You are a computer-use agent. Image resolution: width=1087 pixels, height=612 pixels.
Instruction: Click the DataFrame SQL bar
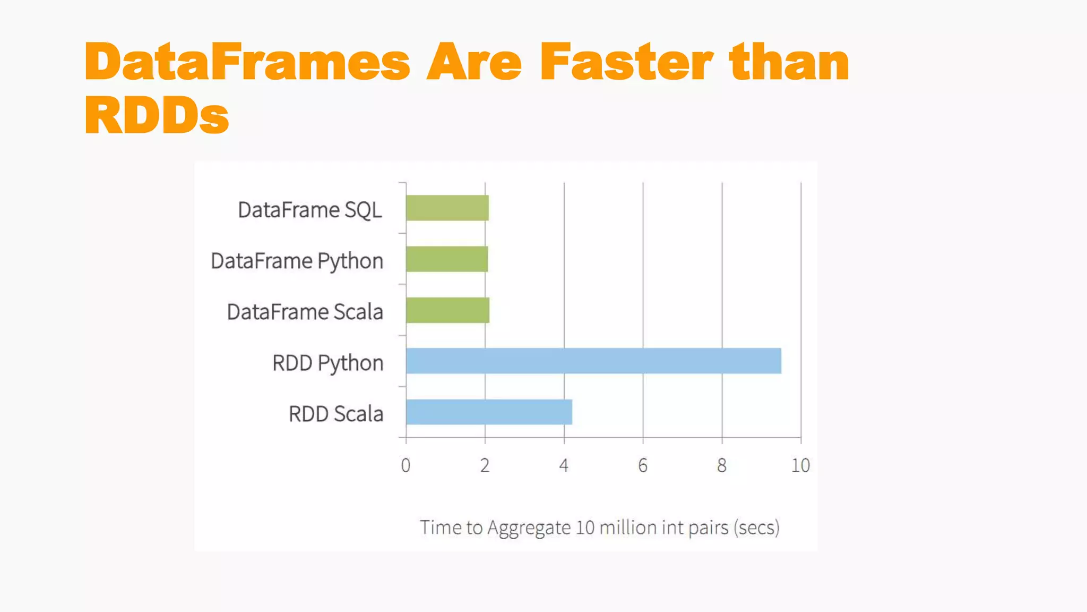447,208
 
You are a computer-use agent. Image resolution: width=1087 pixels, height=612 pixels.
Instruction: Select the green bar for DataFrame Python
446,259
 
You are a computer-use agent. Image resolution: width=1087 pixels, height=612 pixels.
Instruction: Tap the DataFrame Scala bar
447,310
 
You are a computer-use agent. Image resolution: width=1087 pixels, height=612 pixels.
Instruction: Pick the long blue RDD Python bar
593,361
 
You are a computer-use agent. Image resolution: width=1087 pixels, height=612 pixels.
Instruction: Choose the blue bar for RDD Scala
489,412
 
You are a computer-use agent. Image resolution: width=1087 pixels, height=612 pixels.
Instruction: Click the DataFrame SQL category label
310,210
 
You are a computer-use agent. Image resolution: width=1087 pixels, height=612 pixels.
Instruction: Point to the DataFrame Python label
297,261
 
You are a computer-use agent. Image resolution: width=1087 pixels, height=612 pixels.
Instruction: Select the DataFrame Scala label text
305,312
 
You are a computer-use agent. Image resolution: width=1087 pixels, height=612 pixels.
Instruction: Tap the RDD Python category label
327,363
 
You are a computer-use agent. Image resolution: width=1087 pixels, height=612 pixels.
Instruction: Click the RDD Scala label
335,414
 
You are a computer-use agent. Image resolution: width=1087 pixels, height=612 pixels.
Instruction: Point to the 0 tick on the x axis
406,465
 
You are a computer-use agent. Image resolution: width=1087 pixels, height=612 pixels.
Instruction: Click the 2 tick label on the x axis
485,465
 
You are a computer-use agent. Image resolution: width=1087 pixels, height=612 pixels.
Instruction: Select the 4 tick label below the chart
564,465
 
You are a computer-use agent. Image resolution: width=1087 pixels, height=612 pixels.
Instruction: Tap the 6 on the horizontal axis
643,465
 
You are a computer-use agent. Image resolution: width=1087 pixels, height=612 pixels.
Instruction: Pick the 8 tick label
722,465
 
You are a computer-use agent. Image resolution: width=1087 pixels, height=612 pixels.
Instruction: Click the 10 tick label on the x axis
800,465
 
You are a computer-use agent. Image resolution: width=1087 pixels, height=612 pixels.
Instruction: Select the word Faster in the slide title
627,62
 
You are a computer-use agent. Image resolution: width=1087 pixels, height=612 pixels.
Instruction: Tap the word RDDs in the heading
157,115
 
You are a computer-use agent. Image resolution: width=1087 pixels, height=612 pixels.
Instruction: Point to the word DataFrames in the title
247,62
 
